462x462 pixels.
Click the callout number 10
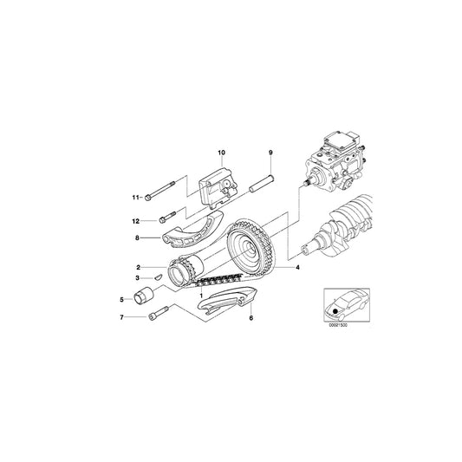220,152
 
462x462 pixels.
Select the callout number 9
270,152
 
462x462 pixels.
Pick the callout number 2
137,267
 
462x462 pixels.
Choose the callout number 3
137,278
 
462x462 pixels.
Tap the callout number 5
122,299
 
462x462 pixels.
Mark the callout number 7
122,318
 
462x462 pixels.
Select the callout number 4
299,268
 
